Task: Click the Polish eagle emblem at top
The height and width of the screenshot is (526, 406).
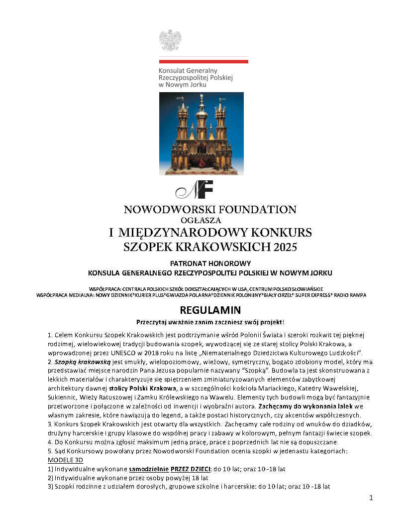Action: [x=170, y=40]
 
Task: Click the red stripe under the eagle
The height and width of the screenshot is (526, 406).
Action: [x=203, y=61]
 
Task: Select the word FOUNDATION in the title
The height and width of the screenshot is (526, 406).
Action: [x=254, y=210]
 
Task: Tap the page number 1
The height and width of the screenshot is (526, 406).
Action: [x=371, y=498]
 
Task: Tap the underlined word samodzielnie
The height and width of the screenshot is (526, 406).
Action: [x=148, y=469]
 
